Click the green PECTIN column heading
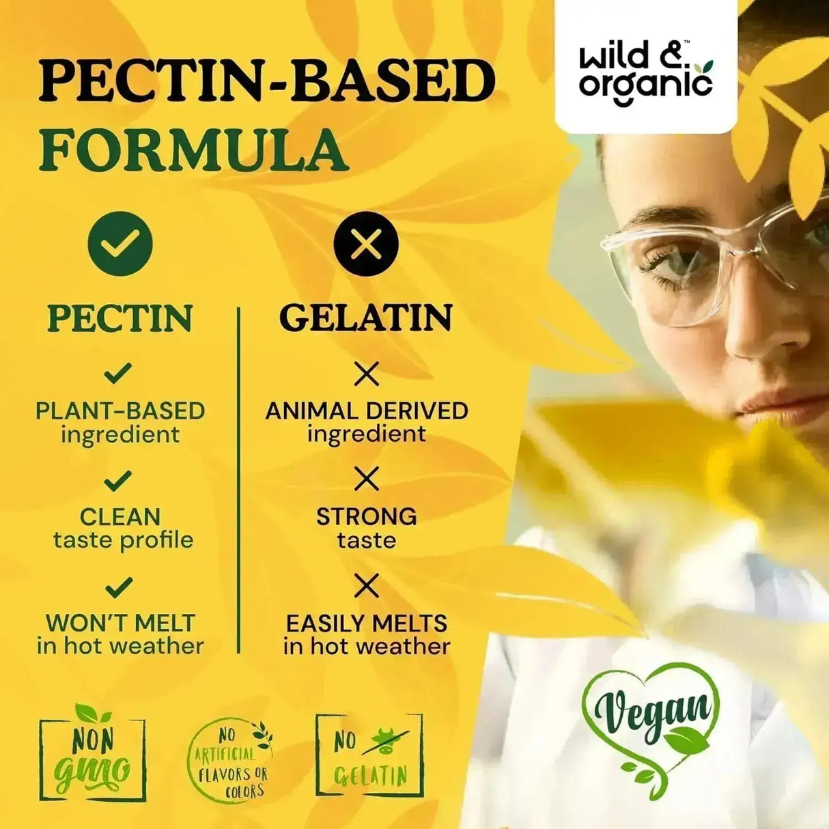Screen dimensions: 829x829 [120, 318]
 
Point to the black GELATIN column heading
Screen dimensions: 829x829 [367, 318]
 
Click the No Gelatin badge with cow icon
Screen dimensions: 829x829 [369, 755]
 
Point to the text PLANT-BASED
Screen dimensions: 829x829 [120, 411]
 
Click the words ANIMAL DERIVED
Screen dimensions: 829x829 [367, 411]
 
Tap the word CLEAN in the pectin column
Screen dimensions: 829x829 [120, 517]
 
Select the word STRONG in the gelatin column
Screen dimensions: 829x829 [367, 517]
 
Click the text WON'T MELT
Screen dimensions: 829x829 [120, 623]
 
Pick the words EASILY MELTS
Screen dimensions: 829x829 [367, 623]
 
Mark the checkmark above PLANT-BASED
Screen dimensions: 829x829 [118, 374]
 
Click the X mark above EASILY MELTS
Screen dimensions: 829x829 [367, 586]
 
